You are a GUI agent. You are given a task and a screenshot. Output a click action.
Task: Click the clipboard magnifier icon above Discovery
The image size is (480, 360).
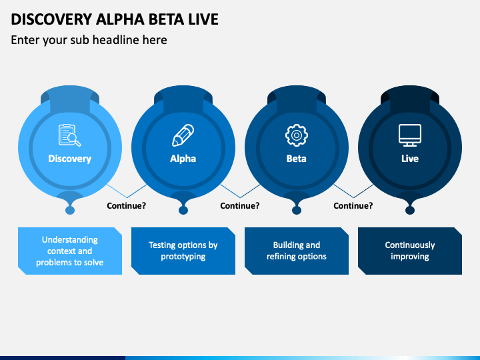pyautogui.click(x=70, y=135)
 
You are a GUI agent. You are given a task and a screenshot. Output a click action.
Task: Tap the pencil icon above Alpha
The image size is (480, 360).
pyautogui.click(x=183, y=135)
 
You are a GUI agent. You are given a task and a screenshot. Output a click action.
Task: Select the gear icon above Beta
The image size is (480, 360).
pyautogui.click(x=296, y=135)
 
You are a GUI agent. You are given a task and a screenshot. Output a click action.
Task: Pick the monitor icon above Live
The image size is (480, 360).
pyautogui.click(x=410, y=135)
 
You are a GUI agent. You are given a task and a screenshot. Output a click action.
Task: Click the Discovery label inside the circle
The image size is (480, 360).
pyautogui.click(x=70, y=159)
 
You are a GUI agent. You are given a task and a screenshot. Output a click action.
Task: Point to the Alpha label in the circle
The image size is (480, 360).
pyautogui.click(x=183, y=159)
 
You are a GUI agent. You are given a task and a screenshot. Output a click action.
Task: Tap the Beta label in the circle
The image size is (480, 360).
pyautogui.click(x=296, y=159)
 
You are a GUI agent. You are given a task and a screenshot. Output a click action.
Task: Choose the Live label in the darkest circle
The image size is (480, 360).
pyautogui.click(x=410, y=159)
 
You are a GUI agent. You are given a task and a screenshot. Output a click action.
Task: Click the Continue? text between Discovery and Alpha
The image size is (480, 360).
pyautogui.click(x=127, y=206)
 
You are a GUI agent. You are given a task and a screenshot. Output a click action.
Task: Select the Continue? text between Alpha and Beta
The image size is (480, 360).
pyautogui.click(x=240, y=206)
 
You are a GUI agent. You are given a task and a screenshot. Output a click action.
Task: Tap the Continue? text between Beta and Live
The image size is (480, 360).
pyautogui.click(x=353, y=206)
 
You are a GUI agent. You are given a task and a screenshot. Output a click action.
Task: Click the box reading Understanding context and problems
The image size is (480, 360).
pyautogui.click(x=70, y=251)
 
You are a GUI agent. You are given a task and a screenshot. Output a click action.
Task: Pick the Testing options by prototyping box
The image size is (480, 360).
pyautogui.click(x=183, y=251)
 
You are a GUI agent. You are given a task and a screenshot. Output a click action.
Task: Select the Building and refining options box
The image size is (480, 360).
pyautogui.click(x=296, y=251)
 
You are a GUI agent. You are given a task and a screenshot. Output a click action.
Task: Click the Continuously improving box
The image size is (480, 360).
pyautogui.click(x=410, y=251)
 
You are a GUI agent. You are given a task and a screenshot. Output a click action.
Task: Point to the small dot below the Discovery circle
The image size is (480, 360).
pyautogui.click(x=70, y=210)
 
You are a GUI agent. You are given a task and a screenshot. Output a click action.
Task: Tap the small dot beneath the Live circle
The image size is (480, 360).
pyautogui.click(x=410, y=210)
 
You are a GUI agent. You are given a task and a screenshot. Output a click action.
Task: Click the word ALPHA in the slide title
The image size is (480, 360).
pyautogui.click(x=120, y=19)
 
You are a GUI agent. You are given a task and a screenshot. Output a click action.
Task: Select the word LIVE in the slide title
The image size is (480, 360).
pyautogui.click(x=203, y=19)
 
